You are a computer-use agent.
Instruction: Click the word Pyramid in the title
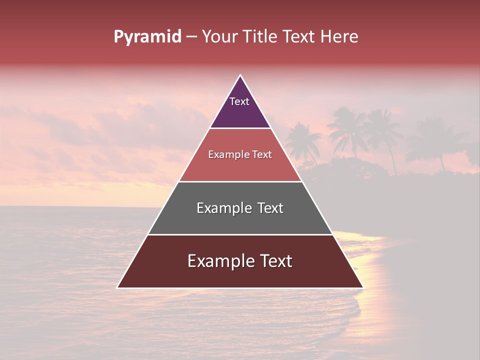[147, 37]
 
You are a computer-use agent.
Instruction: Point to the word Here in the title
[339, 37]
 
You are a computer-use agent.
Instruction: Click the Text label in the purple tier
[239, 101]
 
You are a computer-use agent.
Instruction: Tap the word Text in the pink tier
[262, 155]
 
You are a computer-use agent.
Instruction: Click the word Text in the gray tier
[270, 208]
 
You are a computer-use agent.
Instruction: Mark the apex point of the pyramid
[240, 75]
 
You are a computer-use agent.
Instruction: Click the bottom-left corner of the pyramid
[117, 287]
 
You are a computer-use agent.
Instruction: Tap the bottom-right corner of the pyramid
[362, 287]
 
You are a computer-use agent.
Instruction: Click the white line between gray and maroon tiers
[240, 234]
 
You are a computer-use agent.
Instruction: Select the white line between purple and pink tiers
[240, 128]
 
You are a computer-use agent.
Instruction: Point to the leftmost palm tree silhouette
[303, 140]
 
